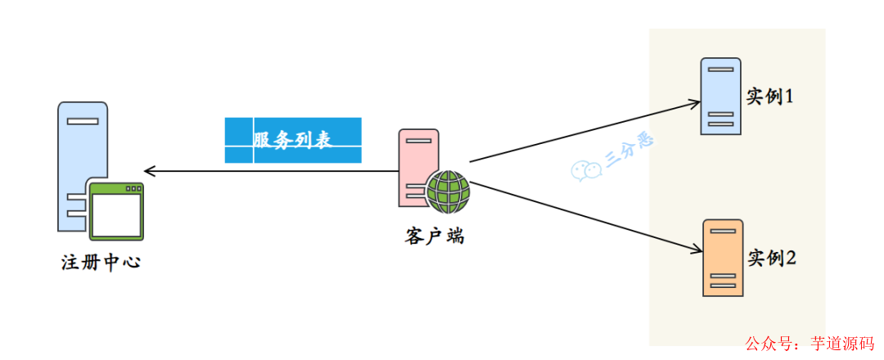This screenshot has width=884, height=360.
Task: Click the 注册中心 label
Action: [x=101, y=263]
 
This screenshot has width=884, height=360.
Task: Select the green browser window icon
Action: [x=117, y=211]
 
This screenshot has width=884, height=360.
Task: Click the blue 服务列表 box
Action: [x=293, y=140]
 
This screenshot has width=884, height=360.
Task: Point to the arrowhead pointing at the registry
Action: [x=148, y=171]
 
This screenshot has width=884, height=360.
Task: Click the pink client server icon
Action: [x=416, y=164]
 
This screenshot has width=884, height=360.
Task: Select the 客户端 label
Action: [x=435, y=236]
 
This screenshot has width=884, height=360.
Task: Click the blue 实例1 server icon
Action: [x=721, y=96]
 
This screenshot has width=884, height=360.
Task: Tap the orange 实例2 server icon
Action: [x=723, y=258]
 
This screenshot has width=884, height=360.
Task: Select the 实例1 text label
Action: [x=771, y=96]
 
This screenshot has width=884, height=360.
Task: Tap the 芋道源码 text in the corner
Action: [x=841, y=344]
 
